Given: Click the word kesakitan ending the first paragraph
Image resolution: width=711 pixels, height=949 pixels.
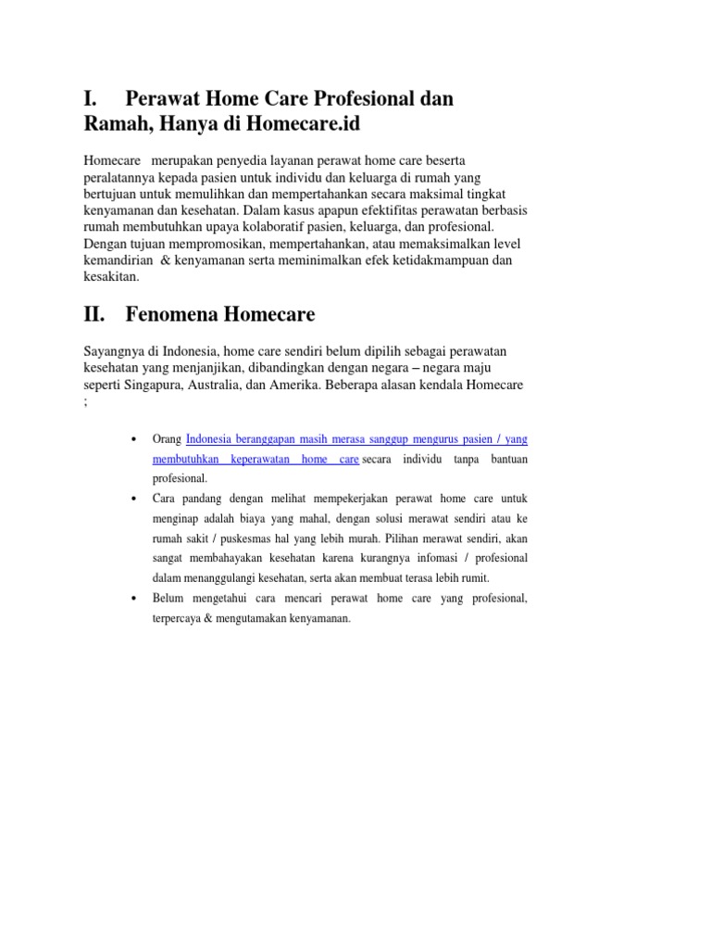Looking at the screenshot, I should (111, 277).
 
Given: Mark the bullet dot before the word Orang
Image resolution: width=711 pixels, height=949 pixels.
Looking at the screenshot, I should (135, 438).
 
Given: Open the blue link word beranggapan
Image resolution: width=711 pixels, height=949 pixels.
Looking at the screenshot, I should (263, 438).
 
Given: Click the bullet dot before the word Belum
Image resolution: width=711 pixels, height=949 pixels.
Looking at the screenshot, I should (135, 599).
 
